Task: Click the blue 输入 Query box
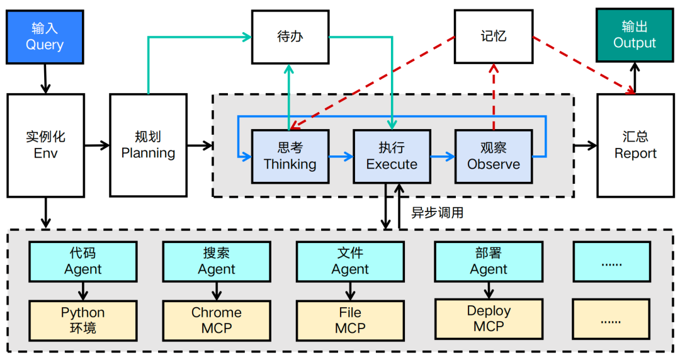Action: click(x=45, y=37)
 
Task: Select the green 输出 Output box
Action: click(x=635, y=35)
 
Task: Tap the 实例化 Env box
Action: click(x=45, y=145)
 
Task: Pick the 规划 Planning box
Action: click(x=148, y=145)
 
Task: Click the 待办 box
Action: click(x=290, y=37)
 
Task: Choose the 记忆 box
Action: click(x=493, y=37)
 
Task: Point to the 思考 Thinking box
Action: click(x=290, y=156)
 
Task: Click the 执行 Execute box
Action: click(x=392, y=156)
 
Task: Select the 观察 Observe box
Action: click(x=494, y=156)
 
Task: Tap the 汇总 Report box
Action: click(x=635, y=145)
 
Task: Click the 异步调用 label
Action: click(x=438, y=213)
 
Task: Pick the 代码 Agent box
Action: click(x=83, y=261)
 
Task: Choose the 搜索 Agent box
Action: click(x=217, y=261)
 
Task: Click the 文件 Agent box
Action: click(x=350, y=261)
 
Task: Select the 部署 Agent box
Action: click(x=489, y=261)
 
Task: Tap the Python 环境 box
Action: click(x=83, y=320)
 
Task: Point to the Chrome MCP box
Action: click(x=217, y=320)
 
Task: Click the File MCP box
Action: click(x=350, y=320)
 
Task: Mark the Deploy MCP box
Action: click(x=489, y=318)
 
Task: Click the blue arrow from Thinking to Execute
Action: click(x=341, y=156)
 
